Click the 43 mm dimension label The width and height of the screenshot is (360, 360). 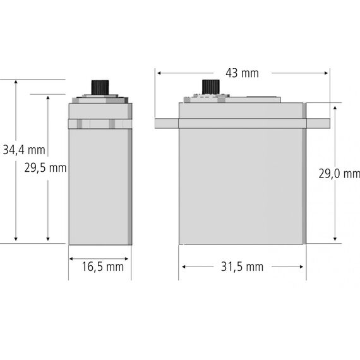242,73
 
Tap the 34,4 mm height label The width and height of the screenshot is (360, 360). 24,150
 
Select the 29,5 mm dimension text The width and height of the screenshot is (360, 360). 45,168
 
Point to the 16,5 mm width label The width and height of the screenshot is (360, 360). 102,267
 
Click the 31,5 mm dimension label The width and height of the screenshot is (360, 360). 242,267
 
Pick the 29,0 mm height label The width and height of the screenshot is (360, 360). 339,174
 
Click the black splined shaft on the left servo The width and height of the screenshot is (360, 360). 100,88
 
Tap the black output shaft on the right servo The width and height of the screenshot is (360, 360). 211,87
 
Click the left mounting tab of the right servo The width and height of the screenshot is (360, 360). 167,124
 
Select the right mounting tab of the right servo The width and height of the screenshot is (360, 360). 318,124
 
